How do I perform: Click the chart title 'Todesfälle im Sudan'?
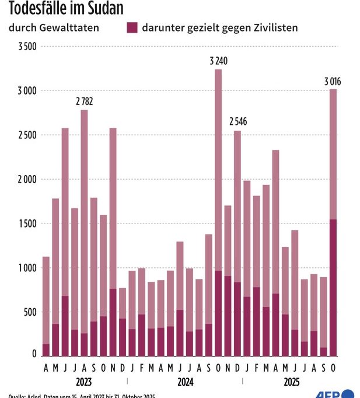66,8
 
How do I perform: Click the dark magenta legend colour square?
132,27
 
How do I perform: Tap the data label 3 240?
218,61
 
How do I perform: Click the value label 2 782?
84,101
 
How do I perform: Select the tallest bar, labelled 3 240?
218,175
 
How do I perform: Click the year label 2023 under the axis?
84,382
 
